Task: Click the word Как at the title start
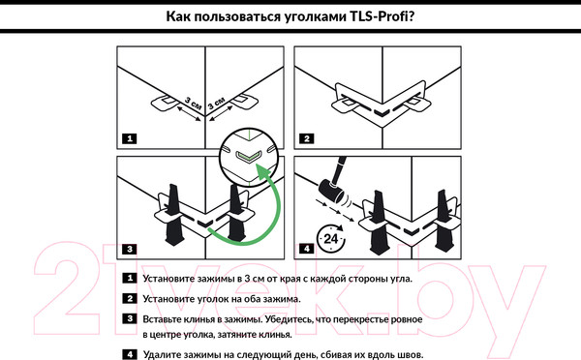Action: (x=182, y=16)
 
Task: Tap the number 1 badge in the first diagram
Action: (x=129, y=138)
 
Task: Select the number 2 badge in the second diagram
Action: (x=306, y=138)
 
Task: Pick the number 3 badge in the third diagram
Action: (x=129, y=250)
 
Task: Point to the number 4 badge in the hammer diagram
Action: (x=306, y=250)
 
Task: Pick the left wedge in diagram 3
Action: (x=175, y=210)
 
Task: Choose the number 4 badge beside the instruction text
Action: (x=129, y=354)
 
